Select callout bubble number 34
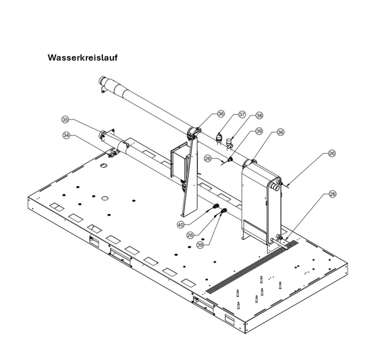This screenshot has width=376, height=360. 67,135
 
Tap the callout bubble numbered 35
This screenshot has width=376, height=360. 65,119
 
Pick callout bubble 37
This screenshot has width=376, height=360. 242,114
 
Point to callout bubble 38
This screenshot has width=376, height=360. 259,115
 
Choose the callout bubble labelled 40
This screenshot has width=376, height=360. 180,225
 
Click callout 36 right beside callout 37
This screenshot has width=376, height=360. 221,114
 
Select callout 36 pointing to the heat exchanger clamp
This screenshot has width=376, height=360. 281,133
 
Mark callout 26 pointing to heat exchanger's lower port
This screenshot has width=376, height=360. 332,194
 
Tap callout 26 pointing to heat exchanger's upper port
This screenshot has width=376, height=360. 332,154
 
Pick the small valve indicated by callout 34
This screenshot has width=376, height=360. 111,153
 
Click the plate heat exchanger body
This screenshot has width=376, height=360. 256,197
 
